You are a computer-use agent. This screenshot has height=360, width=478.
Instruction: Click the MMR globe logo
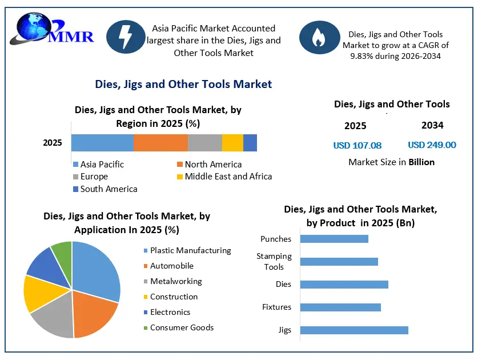point(52,29)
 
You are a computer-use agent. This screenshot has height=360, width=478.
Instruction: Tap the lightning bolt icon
point(126,37)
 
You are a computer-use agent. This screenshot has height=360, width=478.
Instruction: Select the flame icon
point(319,38)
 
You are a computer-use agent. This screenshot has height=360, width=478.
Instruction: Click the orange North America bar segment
point(160,143)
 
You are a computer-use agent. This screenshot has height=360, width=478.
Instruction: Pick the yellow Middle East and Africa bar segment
point(232,143)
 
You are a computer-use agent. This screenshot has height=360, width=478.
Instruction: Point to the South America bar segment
point(250,143)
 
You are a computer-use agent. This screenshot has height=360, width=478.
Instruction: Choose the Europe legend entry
point(91,177)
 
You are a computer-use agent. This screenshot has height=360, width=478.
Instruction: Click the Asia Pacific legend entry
point(98,165)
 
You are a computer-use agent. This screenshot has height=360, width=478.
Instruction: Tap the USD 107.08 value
point(358,146)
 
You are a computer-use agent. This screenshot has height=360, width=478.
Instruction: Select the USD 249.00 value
point(432,145)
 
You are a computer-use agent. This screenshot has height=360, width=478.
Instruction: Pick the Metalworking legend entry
point(173,281)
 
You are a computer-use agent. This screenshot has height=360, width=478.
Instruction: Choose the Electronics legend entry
point(167,312)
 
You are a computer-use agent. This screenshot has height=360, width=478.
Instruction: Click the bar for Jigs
point(354,330)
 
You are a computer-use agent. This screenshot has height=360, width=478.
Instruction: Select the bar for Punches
point(334,239)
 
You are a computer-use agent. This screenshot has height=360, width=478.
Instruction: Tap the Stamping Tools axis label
point(274,262)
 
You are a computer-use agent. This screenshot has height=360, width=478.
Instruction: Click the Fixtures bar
point(340,307)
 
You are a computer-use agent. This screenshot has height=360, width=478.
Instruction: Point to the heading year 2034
point(432,125)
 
